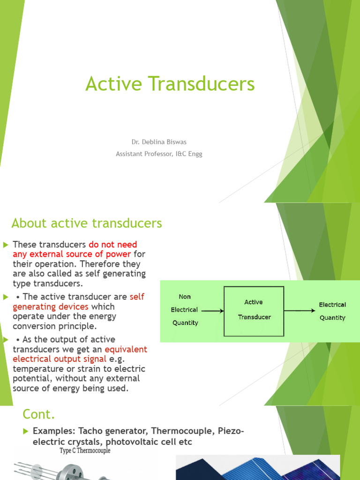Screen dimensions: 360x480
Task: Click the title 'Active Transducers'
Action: click(x=170, y=83)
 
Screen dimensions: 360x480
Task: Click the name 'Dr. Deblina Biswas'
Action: click(x=159, y=142)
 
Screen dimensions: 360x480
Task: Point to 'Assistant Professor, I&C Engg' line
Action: click(x=159, y=154)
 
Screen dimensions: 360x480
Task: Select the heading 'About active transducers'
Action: click(x=87, y=223)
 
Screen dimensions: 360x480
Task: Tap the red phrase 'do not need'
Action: click(x=112, y=244)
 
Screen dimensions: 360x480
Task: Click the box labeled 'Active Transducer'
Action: click(x=254, y=311)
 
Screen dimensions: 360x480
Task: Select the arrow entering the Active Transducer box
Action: click(x=213, y=311)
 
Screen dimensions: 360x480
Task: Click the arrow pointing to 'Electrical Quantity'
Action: click(x=300, y=311)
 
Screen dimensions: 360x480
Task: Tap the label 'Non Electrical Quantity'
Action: click(x=185, y=309)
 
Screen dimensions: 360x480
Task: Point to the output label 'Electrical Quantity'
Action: click(x=332, y=311)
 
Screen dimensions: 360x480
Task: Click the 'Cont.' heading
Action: click(x=38, y=414)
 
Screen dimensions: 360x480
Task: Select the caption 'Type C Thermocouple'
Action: click(x=85, y=450)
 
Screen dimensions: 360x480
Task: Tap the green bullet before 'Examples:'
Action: click(x=26, y=431)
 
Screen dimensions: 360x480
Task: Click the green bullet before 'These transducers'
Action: click(x=6, y=245)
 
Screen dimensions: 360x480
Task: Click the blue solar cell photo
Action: click(x=258, y=467)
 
